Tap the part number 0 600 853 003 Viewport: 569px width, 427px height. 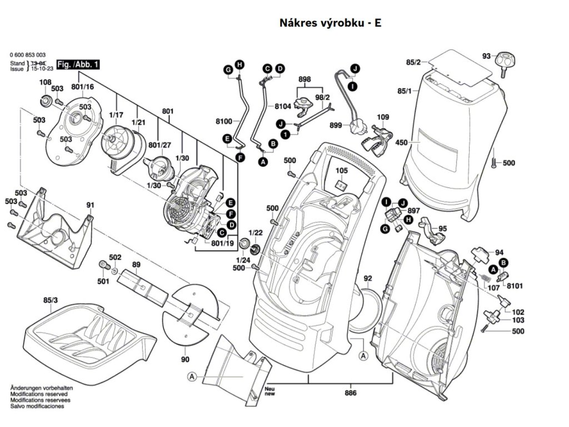(x=28, y=55)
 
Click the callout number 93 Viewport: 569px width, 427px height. (x=486, y=56)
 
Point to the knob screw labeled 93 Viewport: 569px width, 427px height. (x=505, y=60)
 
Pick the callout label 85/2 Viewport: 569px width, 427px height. (x=413, y=62)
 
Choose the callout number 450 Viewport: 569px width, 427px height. (x=401, y=143)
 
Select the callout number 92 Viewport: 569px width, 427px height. (x=367, y=278)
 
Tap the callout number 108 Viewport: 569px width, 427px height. (x=45, y=83)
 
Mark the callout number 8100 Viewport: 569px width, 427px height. (x=224, y=120)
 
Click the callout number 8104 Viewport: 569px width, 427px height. (x=282, y=106)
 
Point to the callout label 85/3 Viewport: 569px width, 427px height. (x=50, y=301)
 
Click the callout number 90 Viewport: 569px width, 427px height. (x=185, y=359)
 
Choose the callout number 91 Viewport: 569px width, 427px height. (x=90, y=205)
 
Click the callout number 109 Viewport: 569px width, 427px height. (x=383, y=118)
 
